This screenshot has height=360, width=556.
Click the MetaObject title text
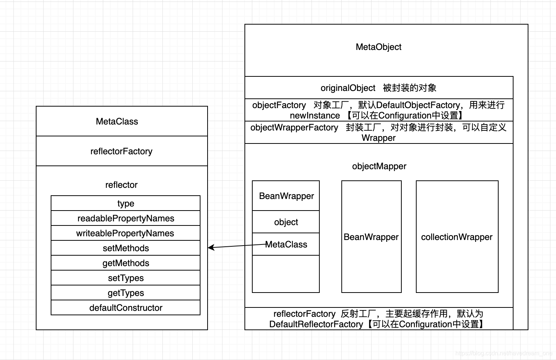pos(378,47)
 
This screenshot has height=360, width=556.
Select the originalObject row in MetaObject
pos(378,88)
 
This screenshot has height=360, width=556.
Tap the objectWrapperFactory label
pos(294,127)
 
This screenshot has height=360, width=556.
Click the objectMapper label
pos(379,166)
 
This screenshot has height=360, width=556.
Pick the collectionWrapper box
pos(457,237)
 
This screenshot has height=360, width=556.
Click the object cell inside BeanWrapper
pos(286,222)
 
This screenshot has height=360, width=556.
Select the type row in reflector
pos(126,203)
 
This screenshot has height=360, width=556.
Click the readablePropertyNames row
pos(126,218)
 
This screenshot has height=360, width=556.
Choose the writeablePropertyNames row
pos(126,233)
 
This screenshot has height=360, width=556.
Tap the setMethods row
pos(126,248)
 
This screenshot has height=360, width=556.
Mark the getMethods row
pos(126,263)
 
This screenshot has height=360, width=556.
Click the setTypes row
pos(126,278)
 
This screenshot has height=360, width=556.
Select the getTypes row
pos(126,293)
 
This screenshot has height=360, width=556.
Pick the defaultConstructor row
pos(126,308)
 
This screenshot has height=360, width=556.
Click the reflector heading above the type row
pos(121,185)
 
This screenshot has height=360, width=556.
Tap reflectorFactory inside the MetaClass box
pos(121,151)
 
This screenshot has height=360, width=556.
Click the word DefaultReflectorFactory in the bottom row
pos(316,324)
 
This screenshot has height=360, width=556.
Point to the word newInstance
pos(315,116)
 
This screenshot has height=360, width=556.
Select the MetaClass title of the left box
pos(117,121)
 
